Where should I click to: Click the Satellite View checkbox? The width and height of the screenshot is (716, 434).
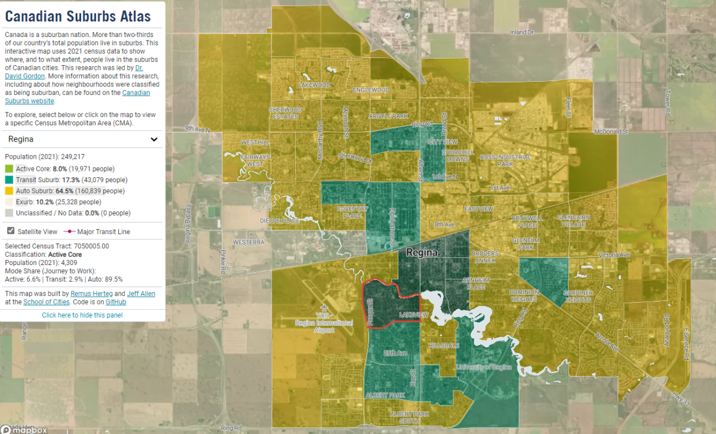point(10,231)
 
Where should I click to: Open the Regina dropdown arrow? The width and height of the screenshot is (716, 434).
point(154,139)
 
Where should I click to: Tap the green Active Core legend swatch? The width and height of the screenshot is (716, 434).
point(9,169)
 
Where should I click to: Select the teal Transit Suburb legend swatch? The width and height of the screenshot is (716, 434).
point(9,180)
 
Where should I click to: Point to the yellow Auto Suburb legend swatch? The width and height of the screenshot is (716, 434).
point(9,191)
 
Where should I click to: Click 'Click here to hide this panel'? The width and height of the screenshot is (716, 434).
point(82,315)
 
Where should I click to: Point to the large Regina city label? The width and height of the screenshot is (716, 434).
point(422,253)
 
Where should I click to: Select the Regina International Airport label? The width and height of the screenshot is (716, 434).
point(324,323)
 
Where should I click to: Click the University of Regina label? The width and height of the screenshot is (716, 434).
point(483,367)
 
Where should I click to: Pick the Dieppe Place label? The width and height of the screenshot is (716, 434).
point(280,220)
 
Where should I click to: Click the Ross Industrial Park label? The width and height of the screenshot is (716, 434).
point(505,160)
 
